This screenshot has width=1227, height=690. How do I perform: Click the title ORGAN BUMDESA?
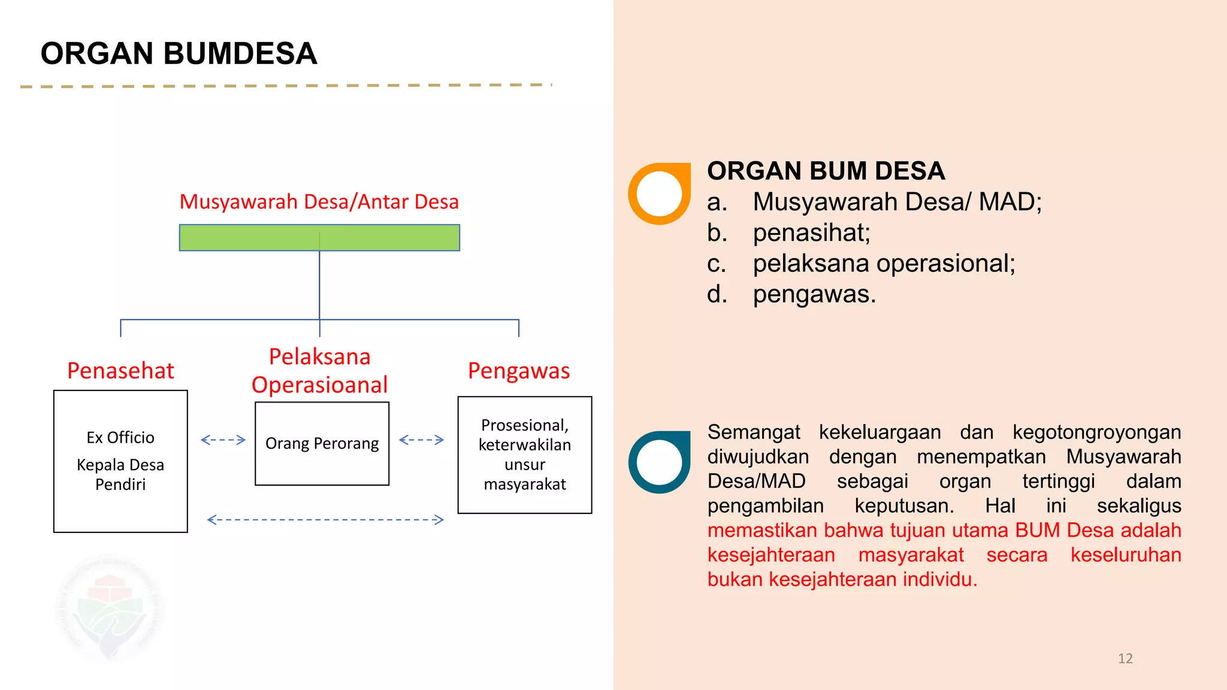[179, 54]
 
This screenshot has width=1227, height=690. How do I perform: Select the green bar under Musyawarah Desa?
[319, 238]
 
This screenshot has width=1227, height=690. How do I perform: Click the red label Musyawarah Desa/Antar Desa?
[319, 202]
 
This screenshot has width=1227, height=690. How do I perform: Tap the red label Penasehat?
[120, 371]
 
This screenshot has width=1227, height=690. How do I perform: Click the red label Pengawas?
[519, 371]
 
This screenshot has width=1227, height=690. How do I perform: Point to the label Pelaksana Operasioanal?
[319, 371]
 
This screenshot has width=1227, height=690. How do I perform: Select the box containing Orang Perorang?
[322, 444]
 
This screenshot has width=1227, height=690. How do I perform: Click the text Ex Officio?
[120, 438]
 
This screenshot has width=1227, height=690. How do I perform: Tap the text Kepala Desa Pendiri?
[120, 474]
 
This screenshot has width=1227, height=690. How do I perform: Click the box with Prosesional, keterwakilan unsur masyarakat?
[525, 455]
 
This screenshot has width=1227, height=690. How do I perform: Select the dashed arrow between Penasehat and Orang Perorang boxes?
[223, 440]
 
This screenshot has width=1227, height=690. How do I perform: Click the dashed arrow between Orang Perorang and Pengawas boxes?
[422, 440]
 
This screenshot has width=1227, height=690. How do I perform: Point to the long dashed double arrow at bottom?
[325, 520]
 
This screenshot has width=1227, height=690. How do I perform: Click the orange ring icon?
[660, 193]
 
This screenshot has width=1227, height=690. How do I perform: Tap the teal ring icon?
[660, 462]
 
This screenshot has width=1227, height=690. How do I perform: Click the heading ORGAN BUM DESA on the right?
[826, 171]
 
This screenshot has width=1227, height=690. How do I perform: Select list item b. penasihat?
[788, 233]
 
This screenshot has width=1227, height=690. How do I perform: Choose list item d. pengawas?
[791, 295]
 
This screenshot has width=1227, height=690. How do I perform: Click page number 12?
[1125, 658]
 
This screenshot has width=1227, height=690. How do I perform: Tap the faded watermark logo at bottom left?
[110, 611]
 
